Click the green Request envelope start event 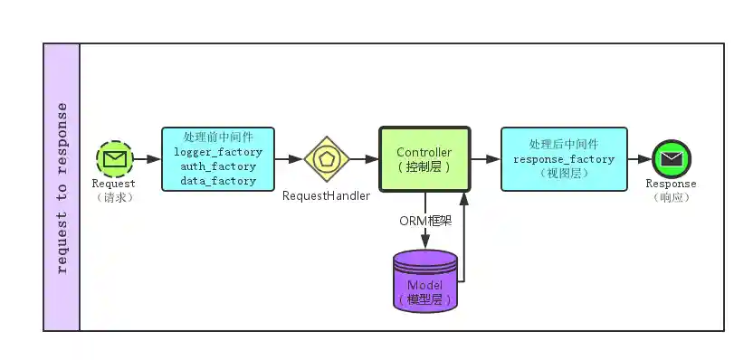(x=114, y=160)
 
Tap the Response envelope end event (x=671, y=159)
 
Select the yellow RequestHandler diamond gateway (x=326, y=159)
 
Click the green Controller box (x=424, y=159)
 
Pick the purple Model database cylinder (x=425, y=281)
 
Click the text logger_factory (x=218, y=152)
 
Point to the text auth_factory (x=218, y=166)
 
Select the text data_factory (x=218, y=181)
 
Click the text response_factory (x=564, y=159)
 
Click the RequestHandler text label (x=324, y=195)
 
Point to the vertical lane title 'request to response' (x=62, y=187)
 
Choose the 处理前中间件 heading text (x=218, y=137)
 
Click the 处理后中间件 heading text (x=564, y=145)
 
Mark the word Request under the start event (x=114, y=185)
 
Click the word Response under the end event (x=671, y=184)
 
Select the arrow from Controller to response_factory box (x=485, y=159)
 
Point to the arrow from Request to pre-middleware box (x=147, y=159)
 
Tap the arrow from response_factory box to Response (x=639, y=159)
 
